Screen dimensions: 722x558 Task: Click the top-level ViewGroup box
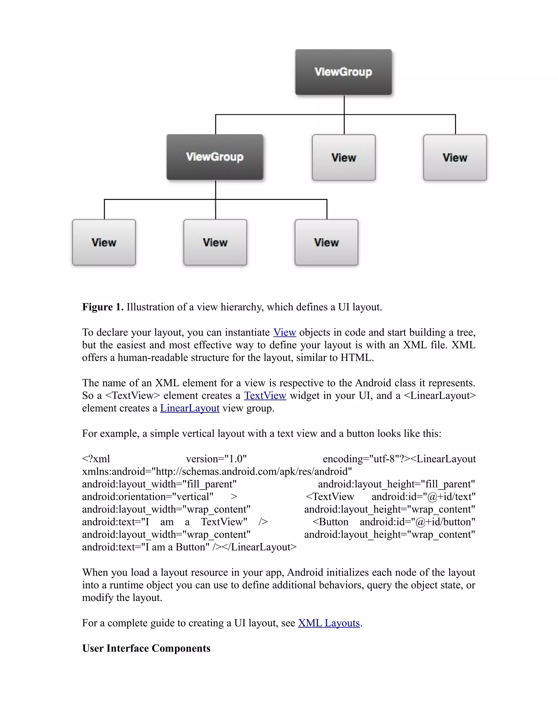pos(343,72)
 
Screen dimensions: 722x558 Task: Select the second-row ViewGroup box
pos(215,157)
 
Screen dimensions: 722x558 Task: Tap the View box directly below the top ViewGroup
pos(344,157)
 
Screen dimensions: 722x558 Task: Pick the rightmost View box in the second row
pos(455,157)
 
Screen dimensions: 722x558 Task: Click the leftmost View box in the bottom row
pos(104,242)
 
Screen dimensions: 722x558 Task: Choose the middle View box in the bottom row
pos(215,242)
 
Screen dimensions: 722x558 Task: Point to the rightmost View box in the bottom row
pos(327,242)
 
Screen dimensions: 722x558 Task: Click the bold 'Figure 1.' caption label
pos(103,307)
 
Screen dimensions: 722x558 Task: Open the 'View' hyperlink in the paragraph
pos(285,332)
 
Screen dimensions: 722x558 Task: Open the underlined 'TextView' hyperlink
pos(265,396)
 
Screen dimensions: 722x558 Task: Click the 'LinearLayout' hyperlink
pos(190,408)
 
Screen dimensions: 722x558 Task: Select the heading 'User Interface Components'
pos(146,648)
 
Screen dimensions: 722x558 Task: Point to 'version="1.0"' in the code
pos(216,459)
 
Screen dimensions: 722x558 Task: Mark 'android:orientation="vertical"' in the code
pos(148,496)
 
